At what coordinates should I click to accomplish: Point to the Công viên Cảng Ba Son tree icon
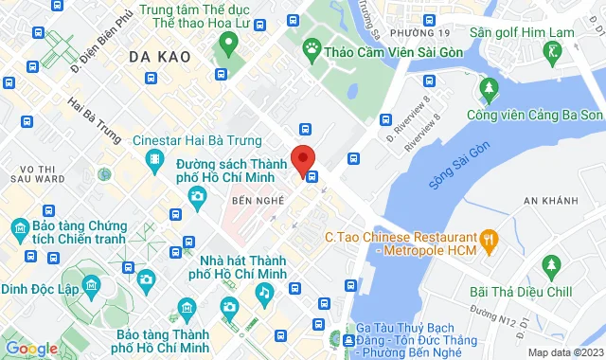(x=490, y=89)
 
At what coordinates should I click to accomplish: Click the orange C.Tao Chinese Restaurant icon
(x=490, y=238)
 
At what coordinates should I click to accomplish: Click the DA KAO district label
(x=156, y=57)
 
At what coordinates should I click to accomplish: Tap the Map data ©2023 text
(x=564, y=352)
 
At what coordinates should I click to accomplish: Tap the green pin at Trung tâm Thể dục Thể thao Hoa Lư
(x=227, y=43)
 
